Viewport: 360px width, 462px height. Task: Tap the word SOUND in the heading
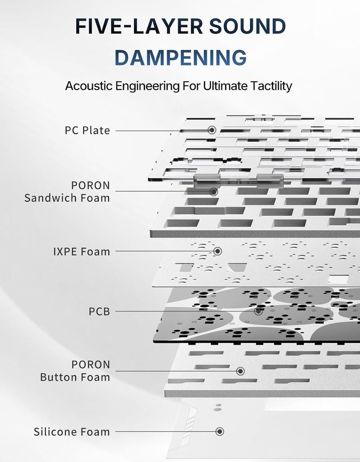[248, 26]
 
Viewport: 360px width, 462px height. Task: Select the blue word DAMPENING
[180, 57]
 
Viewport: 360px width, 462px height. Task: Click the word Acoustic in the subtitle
[89, 86]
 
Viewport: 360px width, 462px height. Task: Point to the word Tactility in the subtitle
[271, 86]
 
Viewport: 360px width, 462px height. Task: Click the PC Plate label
[88, 130]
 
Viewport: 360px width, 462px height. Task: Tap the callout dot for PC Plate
[212, 130]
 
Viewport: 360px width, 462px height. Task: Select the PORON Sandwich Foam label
[67, 191]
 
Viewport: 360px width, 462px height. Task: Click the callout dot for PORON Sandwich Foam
[213, 192]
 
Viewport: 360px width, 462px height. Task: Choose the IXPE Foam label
[82, 252]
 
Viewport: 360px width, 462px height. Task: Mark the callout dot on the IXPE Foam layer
[217, 251]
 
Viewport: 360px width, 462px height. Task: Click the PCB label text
[99, 311]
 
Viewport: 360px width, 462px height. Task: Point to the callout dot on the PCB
[258, 311]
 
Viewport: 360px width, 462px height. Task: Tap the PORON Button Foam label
[75, 371]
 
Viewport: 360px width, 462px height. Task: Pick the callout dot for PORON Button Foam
[240, 371]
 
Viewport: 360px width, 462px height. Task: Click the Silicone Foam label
[72, 432]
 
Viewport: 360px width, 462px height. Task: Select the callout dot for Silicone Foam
[220, 431]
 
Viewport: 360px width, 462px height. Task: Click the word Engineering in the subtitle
[148, 86]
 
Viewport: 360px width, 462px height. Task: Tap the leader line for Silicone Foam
[166, 431]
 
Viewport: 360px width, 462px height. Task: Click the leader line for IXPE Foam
[164, 251]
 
